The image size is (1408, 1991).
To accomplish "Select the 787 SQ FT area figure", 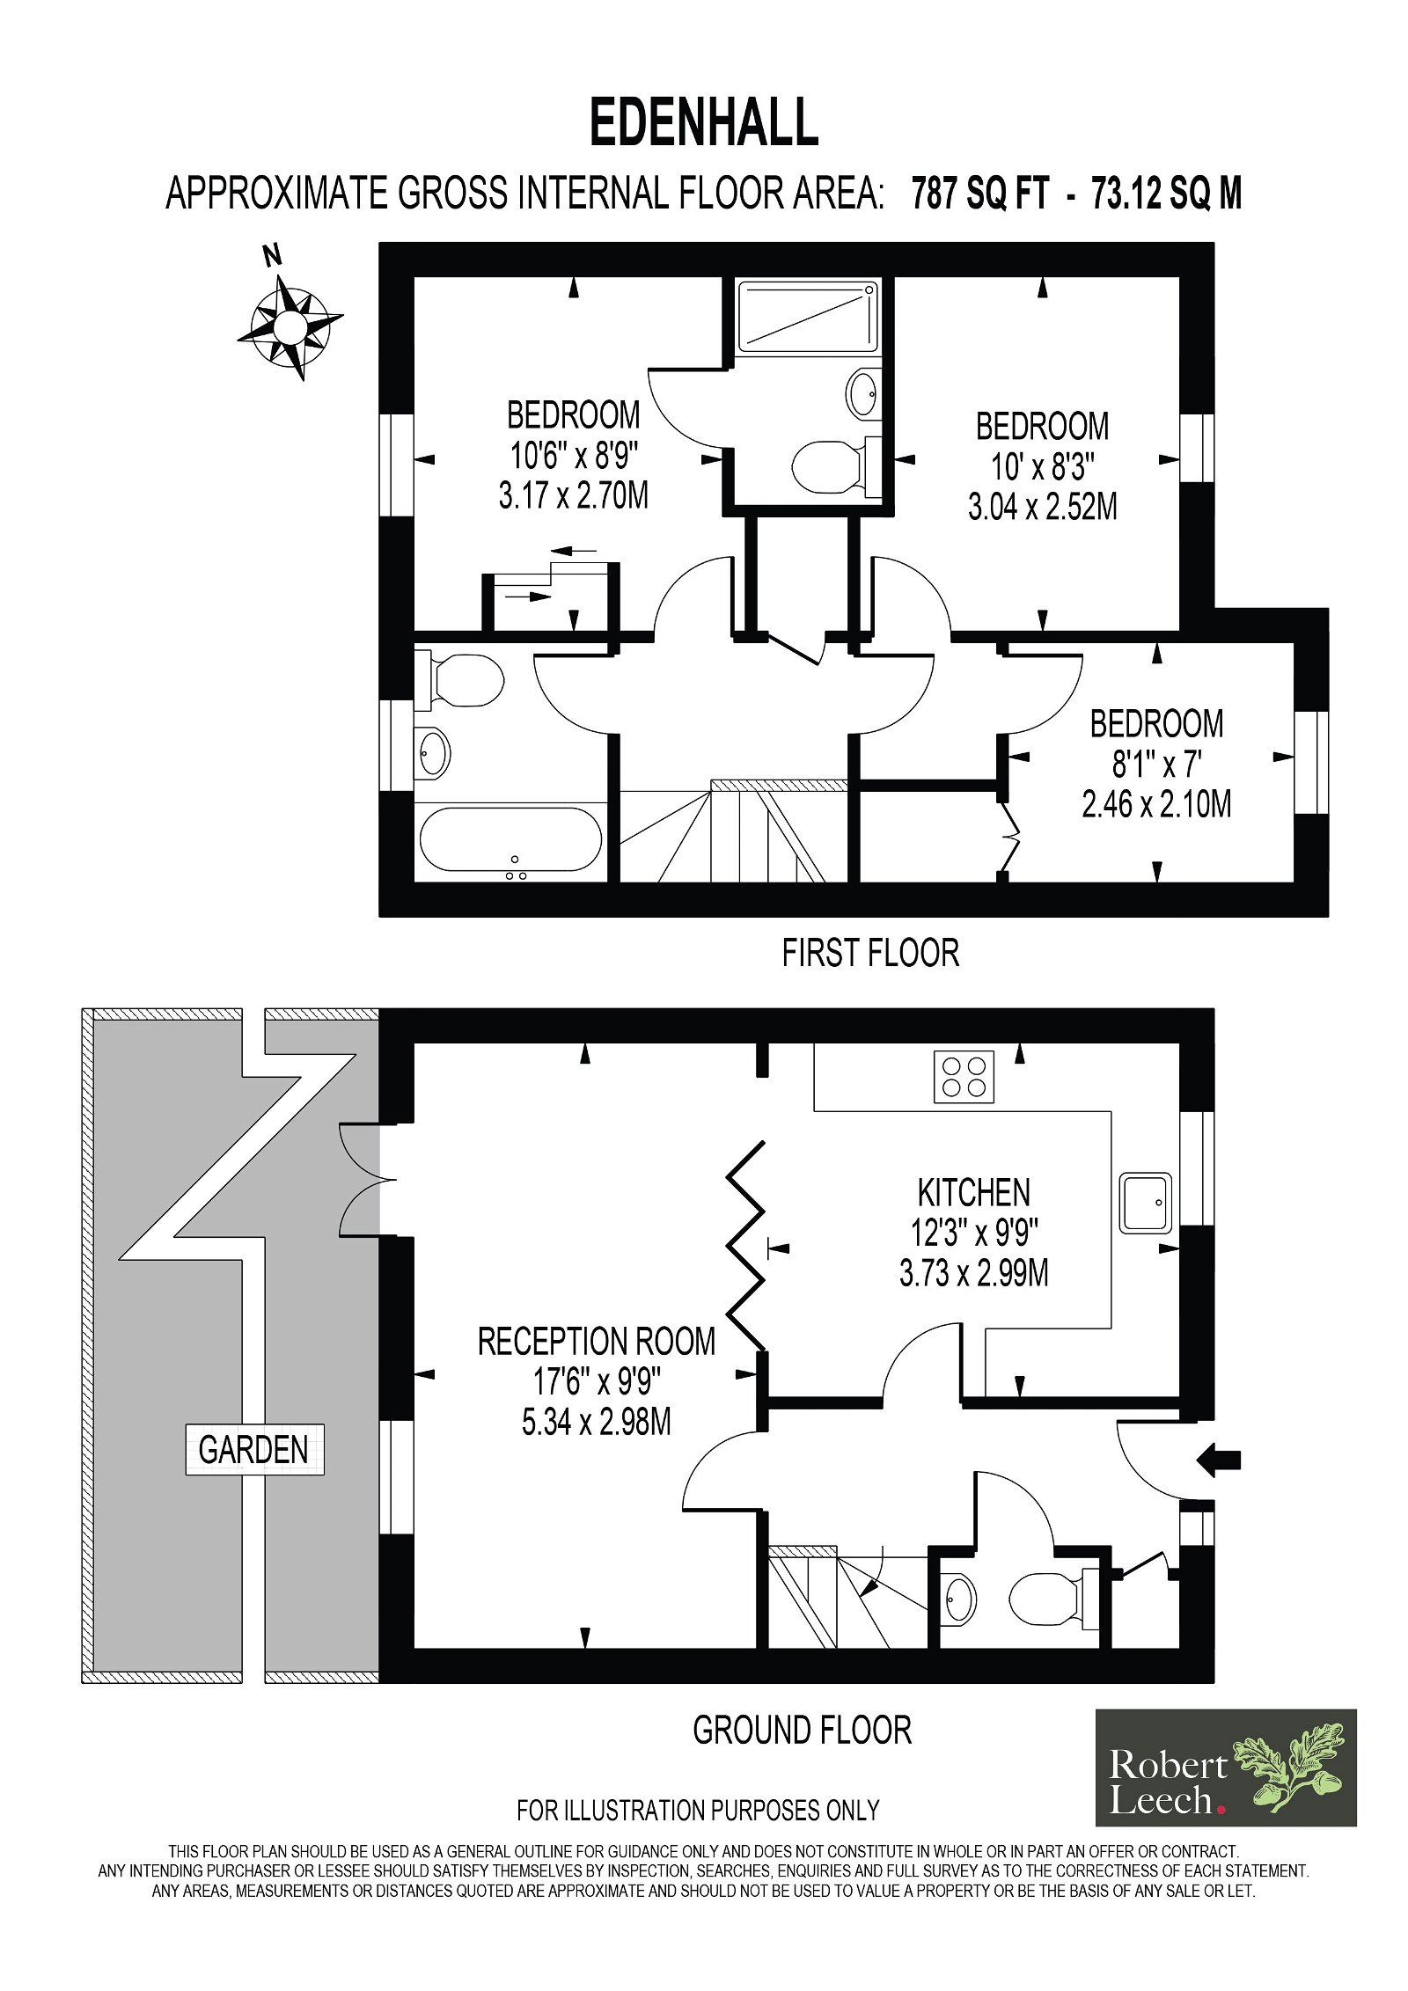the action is coord(980,194).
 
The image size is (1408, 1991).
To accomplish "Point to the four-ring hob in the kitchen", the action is coord(964,1077).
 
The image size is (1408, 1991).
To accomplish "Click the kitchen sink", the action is coord(1145,1202).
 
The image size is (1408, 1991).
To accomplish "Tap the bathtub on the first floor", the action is coord(511,841).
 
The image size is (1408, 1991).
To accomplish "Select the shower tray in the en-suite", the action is coord(808,316).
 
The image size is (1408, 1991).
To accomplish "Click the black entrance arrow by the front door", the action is coord(1218,1460).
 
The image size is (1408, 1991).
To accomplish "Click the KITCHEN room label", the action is coord(973,1193).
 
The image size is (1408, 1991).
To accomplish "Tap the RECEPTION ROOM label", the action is coord(597,1342).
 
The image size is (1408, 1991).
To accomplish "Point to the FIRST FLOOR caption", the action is coord(870,953).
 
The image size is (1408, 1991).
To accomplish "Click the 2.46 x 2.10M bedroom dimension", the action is coord(1156,804).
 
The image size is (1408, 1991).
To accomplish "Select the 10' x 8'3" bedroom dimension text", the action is coord(1043,467).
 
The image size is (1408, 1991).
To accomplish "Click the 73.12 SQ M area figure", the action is coord(1166,194).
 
